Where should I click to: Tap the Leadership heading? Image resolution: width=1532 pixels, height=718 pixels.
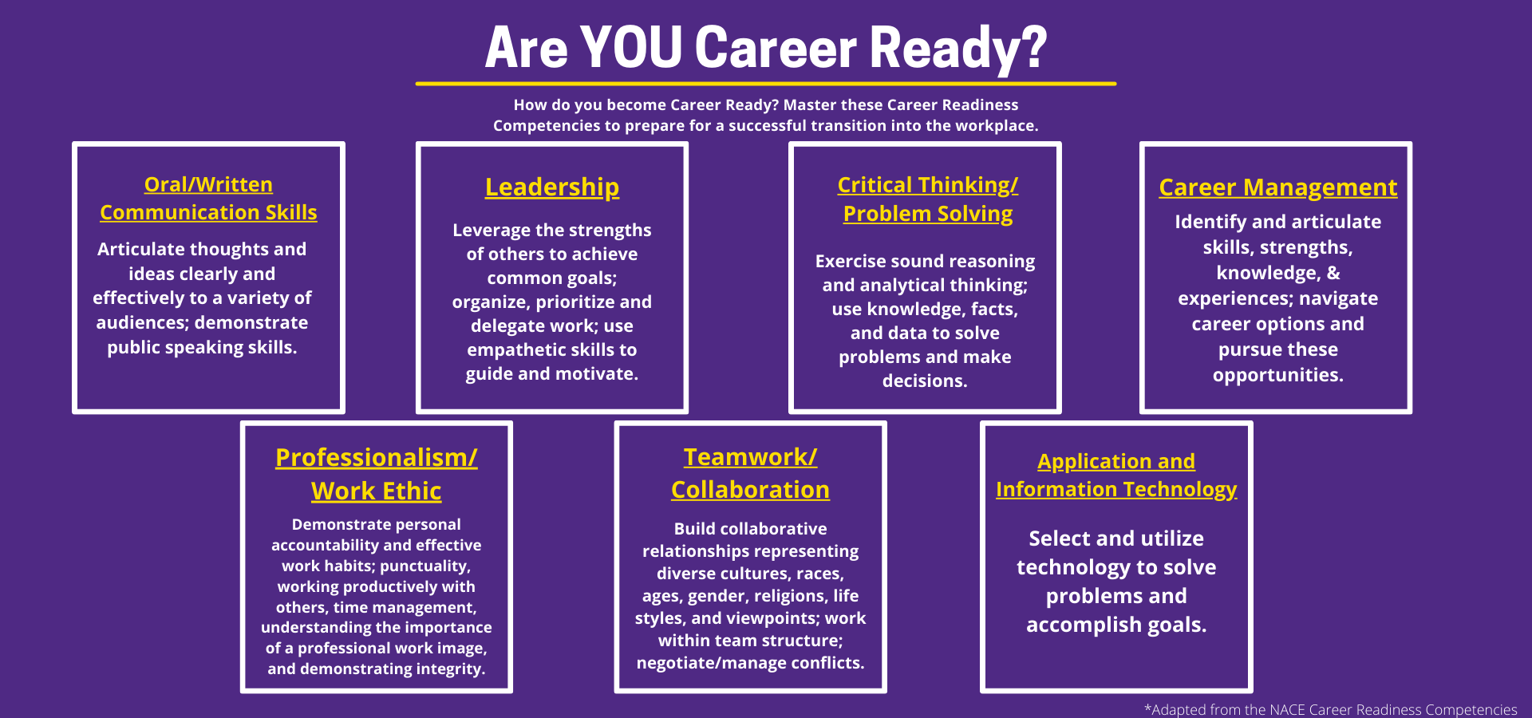point(552,187)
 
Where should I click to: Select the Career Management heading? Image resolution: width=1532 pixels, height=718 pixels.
point(1278,187)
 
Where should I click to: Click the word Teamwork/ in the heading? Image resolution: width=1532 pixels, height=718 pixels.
point(750,456)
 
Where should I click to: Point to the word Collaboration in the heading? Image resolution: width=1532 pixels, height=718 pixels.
point(750,489)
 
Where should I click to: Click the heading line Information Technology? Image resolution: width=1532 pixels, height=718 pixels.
point(1116,489)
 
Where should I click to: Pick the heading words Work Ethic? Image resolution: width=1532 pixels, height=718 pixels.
point(376,491)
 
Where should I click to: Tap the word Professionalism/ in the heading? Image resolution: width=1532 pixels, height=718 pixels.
point(377,457)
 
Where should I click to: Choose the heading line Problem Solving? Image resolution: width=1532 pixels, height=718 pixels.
point(928,214)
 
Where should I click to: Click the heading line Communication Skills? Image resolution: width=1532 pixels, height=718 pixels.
point(208,212)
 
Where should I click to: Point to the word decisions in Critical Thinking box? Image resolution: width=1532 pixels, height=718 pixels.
point(923,381)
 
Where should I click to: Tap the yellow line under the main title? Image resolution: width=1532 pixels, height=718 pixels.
point(765,83)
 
